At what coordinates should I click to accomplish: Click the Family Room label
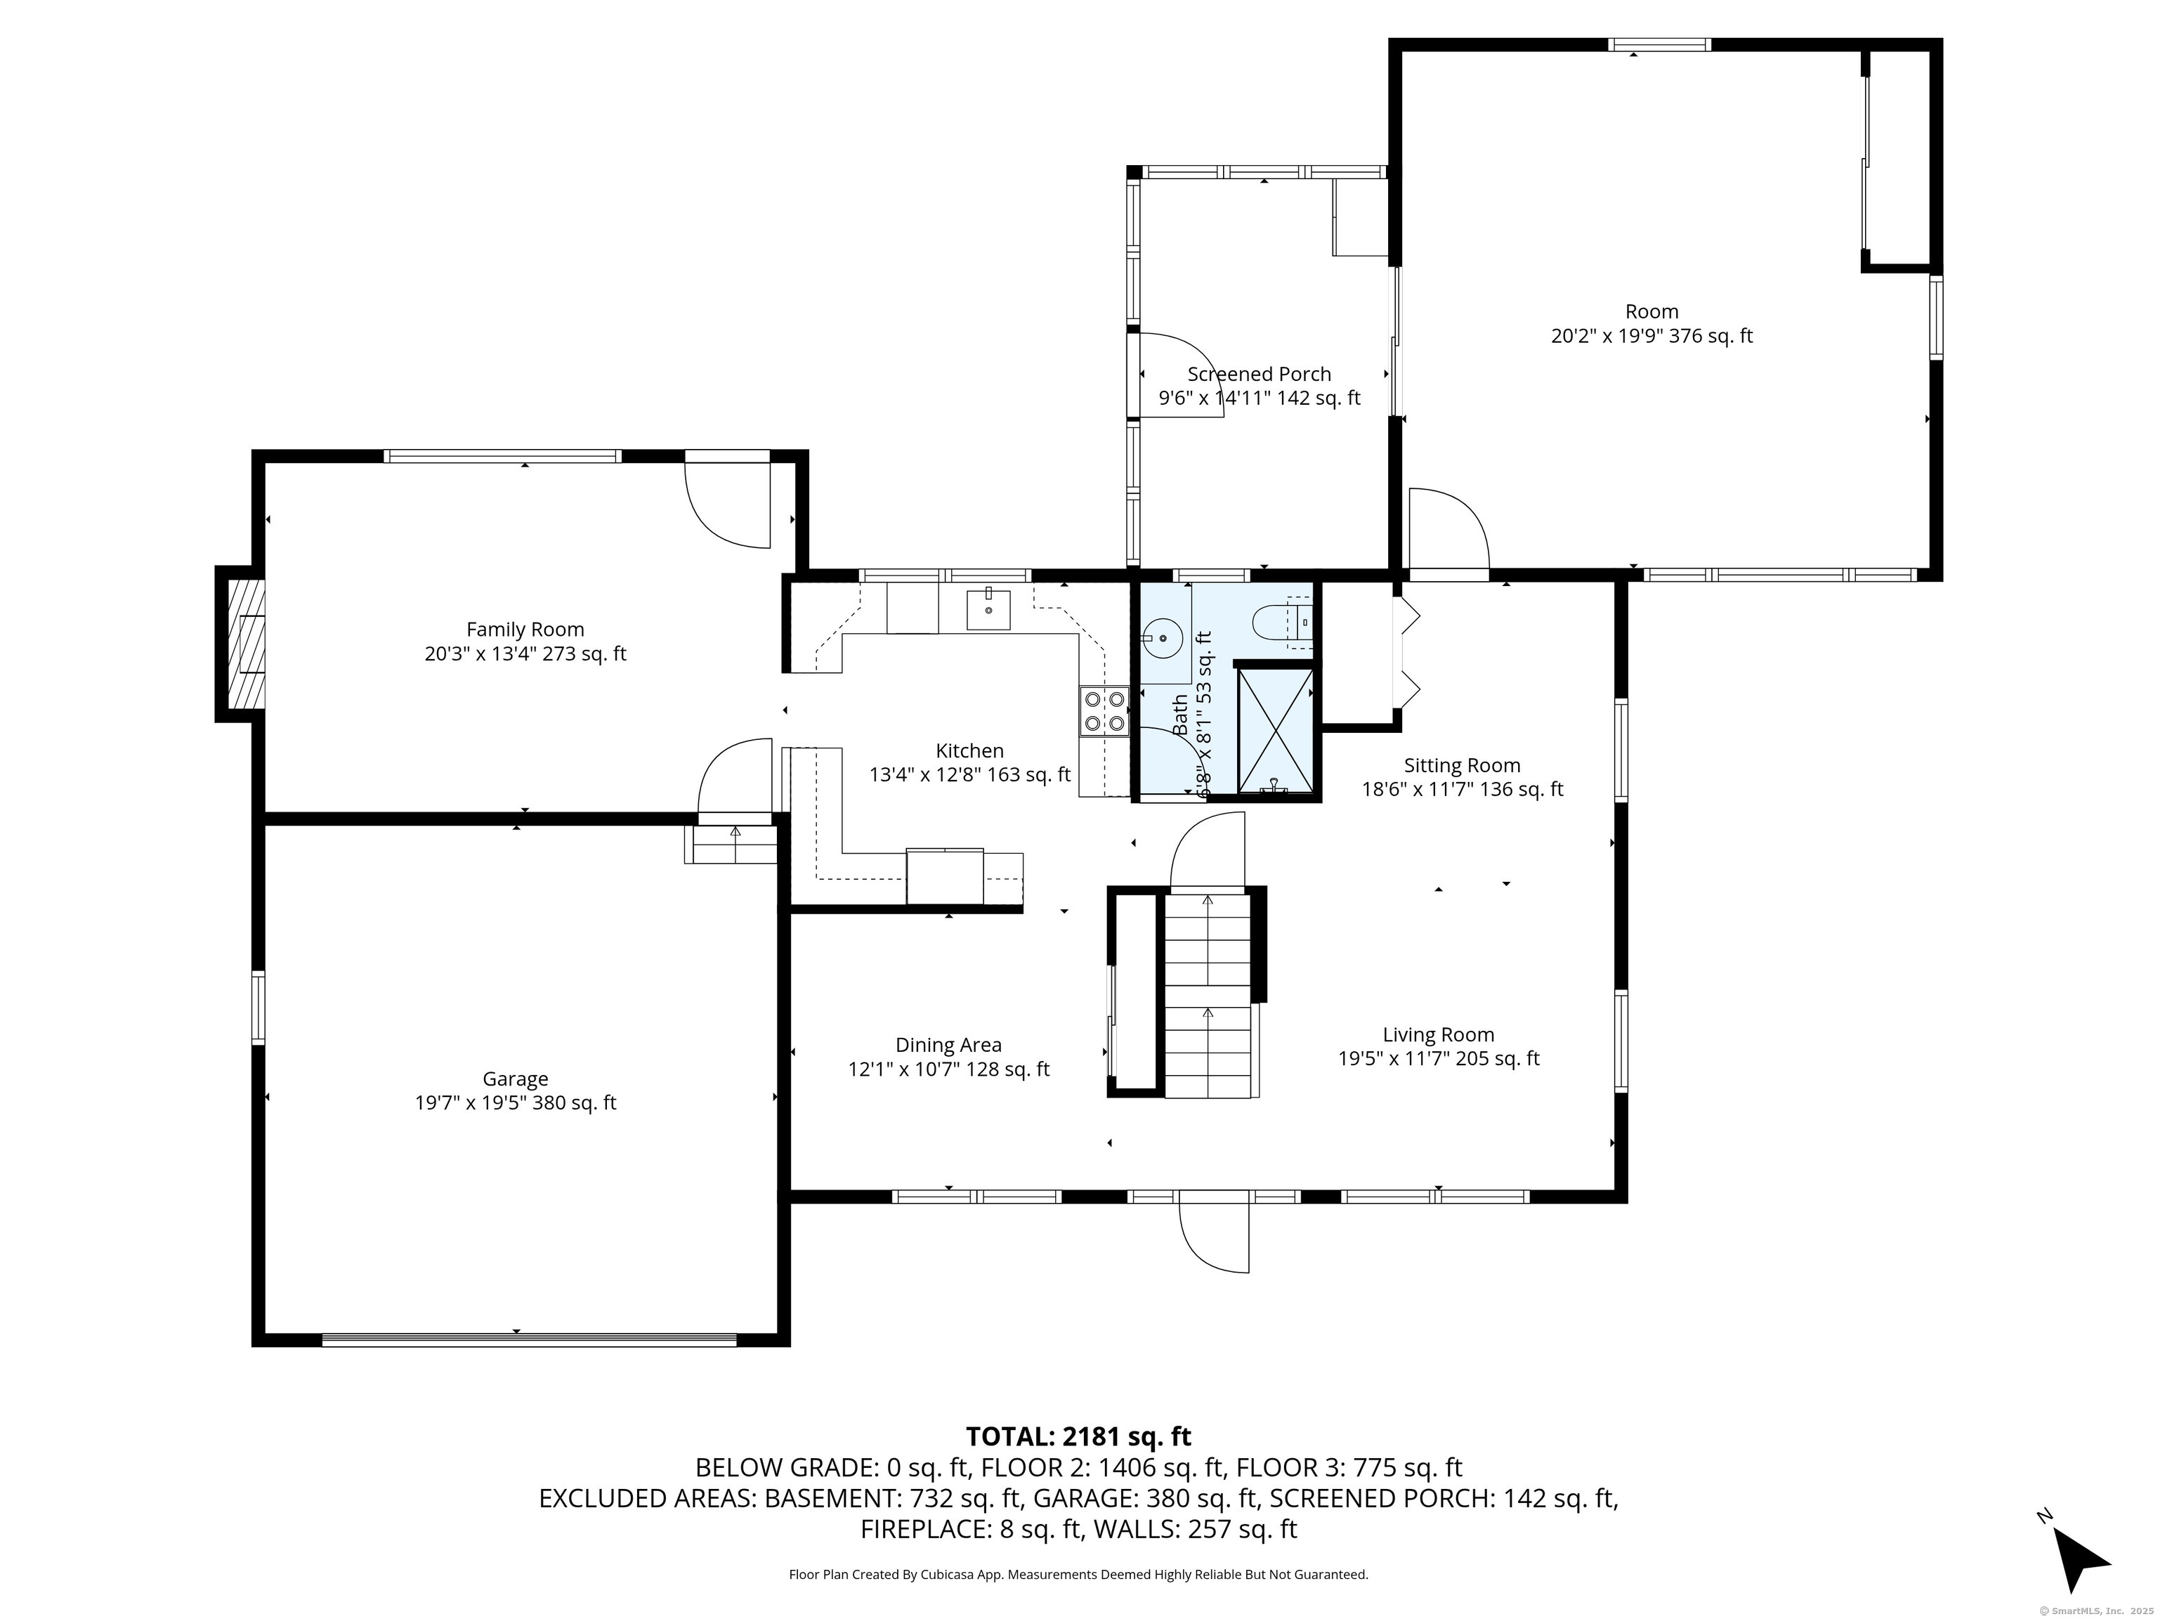click(x=525, y=630)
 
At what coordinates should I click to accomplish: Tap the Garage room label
click(x=515, y=1079)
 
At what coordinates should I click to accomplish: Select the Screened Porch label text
click(x=1259, y=374)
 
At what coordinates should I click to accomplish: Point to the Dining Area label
click(x=948, y=1044)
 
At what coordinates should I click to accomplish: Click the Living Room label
click(x=1438, y=1034)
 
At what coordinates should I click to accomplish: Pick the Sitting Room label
click(x=1461, y=766)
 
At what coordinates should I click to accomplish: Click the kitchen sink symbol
click(x=988, y=609)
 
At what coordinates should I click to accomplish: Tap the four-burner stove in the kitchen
click(x=1104, y=710)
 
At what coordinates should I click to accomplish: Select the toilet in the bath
click(x=1282, y=622)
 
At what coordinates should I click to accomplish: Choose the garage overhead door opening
click(x=530, y=1340)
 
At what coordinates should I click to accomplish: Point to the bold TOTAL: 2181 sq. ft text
click(x=1078, y=1436)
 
